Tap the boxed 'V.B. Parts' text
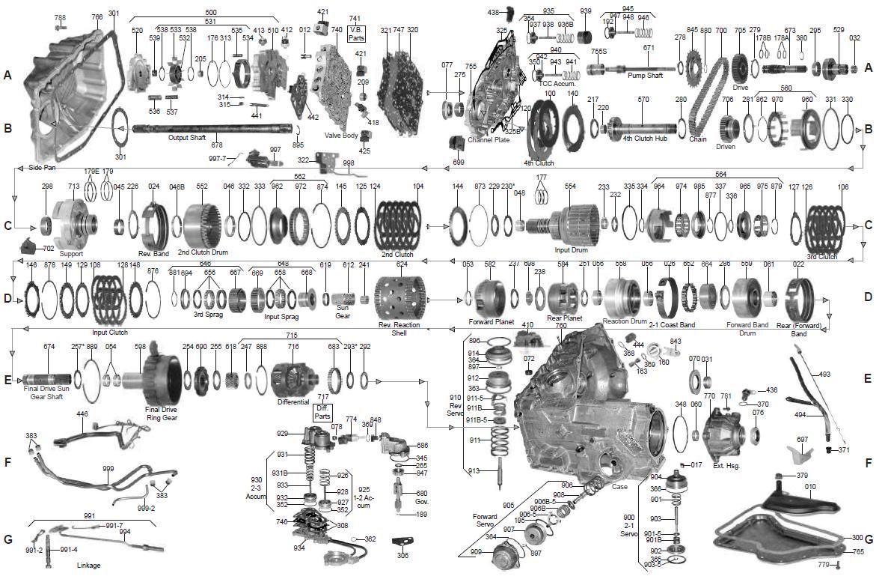point(355,33)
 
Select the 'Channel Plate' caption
point(488,140)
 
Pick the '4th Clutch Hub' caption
point(643,139)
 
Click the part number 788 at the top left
point(60,17)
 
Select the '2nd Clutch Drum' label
point(202,252)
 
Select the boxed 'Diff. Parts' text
point(322,412)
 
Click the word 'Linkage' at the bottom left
point(88,565)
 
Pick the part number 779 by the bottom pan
point(822,564)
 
